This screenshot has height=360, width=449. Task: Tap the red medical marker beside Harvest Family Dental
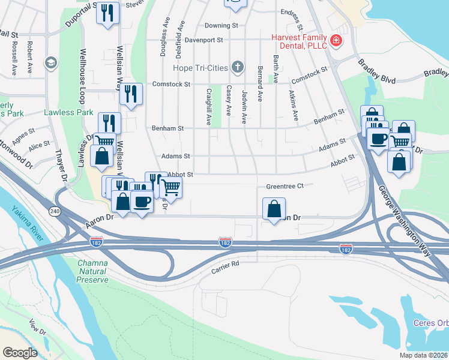(337, 41)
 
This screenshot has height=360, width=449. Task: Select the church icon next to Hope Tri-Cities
(238, 67)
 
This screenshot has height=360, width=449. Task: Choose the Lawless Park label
(68, 112)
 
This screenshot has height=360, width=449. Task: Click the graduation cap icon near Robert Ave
(50, 62)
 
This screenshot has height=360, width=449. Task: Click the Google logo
(20, 353)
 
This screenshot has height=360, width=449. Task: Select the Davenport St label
(203, 40)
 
